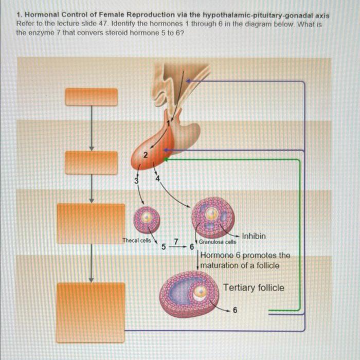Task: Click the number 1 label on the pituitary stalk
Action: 167,123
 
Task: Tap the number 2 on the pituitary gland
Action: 146,155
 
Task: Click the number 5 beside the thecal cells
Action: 164,247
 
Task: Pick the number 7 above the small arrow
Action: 176,241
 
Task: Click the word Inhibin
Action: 254,236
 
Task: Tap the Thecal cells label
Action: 136,240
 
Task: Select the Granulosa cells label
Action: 218,242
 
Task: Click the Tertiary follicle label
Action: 254,287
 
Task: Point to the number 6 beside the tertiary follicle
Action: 235,310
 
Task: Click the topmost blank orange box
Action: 91,97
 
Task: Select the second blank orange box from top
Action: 91,162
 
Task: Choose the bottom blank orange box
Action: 91,305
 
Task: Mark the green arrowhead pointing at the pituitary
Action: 166,160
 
